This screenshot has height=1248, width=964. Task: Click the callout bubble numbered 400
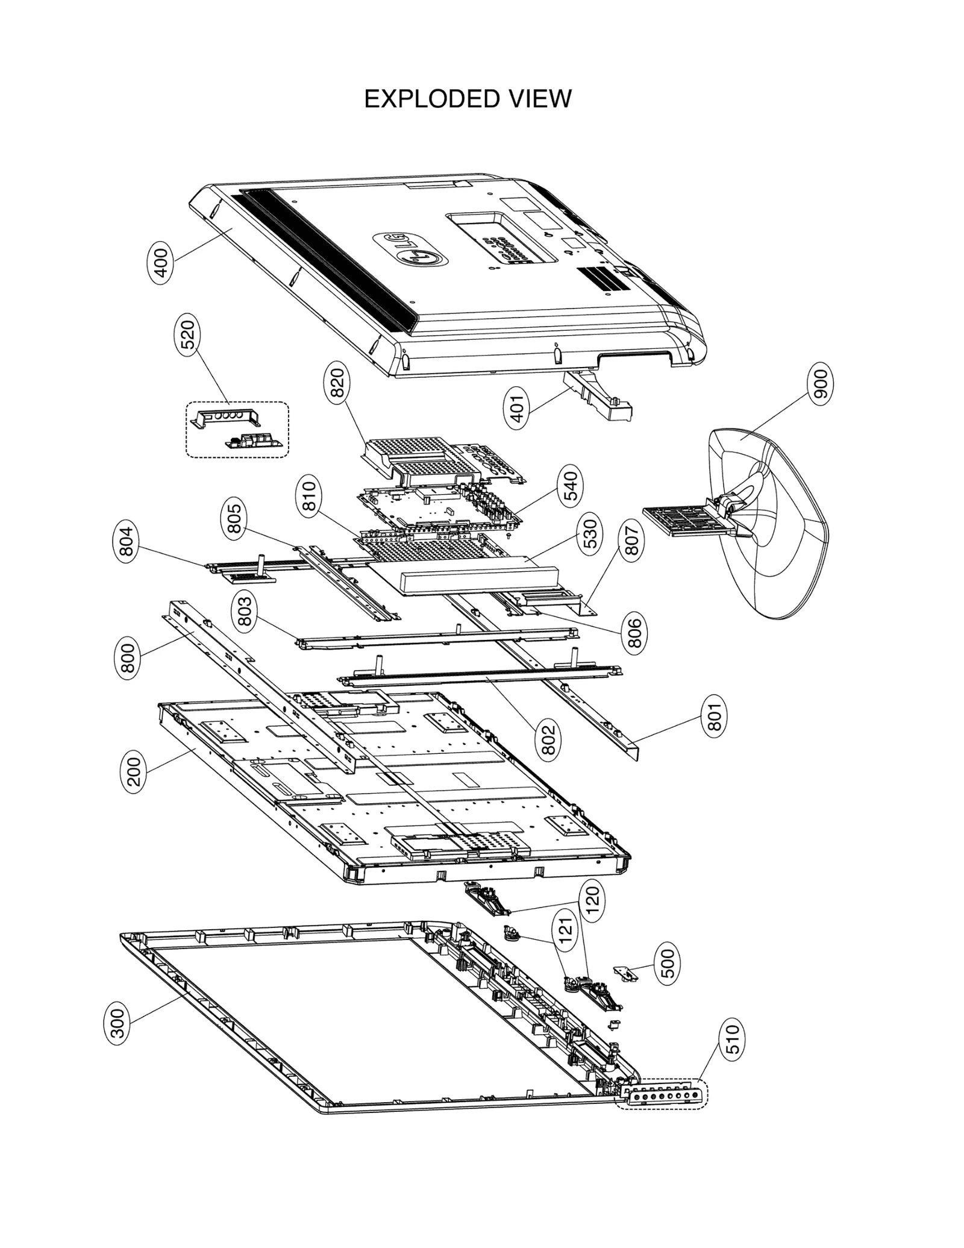161,263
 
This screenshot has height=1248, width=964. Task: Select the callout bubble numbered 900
821,383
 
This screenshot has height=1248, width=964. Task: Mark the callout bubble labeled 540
571,487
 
